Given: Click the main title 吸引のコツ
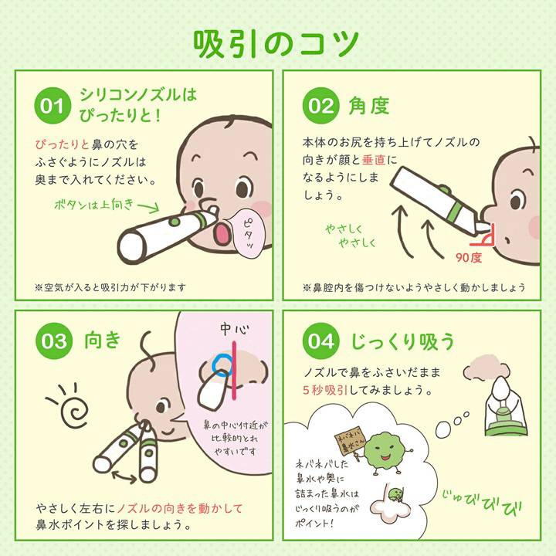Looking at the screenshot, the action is [276, 44].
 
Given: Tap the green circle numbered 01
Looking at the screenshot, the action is [53, 105].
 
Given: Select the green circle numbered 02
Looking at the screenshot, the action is [321, 105].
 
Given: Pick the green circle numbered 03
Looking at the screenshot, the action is [54, 341].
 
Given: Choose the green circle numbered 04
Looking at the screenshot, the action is [321, 341].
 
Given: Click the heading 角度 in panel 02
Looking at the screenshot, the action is [369, 106].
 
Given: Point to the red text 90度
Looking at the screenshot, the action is [469, 258].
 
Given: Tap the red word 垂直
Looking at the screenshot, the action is [374, 161].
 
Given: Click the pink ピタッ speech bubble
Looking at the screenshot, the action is [249, 233].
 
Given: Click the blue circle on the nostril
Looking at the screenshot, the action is [222, 365].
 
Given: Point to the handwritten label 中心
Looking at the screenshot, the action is [235, 330].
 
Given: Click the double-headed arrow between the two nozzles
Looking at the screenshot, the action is [124, 476].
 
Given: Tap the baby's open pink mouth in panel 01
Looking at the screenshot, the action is [222, 233].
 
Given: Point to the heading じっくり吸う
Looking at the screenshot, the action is [402, 341].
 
